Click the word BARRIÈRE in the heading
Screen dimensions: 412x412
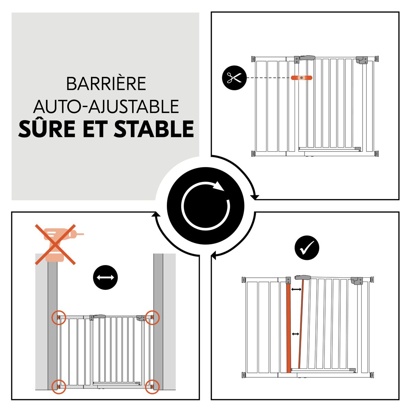[x=106, y=84]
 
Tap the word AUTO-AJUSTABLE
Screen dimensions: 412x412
[x=106, y=106]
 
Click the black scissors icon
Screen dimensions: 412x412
[x=234, y=78]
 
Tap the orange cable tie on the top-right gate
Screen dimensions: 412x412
[x=301, y=78]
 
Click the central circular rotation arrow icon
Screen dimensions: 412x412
[x=205, y=206]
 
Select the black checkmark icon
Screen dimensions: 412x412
[x=307, y=248]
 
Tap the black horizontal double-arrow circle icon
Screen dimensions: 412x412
[x=105, y=277]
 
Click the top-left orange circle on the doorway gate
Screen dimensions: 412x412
[x=59, y=317]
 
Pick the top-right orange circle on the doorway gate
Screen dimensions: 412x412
[x=152, y=317]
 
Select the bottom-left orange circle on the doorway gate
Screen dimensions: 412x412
[x=59, y=387]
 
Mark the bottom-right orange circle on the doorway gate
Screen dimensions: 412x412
[x=152, y=387]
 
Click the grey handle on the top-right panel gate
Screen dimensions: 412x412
[x=307, y=58]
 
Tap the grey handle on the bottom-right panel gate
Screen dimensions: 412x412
[x=302, y=277]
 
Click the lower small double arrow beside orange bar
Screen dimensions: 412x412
[x=295, y=334]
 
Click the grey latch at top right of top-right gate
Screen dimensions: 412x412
[x=361, y=60]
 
